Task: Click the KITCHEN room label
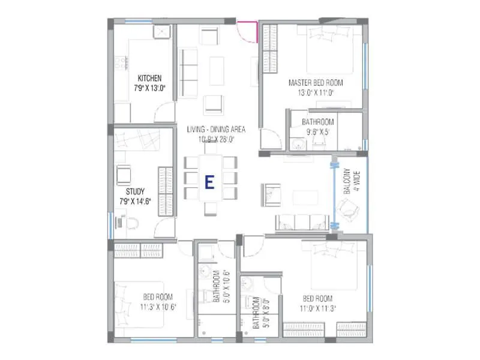(149, 78)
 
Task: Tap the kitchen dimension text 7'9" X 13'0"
(149, 88)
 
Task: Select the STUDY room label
(134, 193)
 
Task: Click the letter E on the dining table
(209, 182)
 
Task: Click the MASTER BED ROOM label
(316, 83)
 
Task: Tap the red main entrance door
(247, 31)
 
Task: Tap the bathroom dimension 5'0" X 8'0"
(256, 313)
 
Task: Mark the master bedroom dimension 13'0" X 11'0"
(316, 93)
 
